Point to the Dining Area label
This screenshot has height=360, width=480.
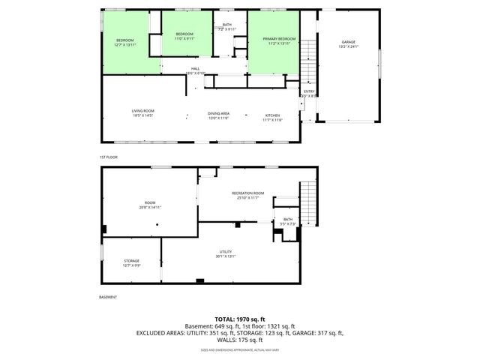click(218, 115)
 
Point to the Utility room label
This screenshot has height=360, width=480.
click(226, 253)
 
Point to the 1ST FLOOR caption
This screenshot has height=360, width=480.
click(109, 157)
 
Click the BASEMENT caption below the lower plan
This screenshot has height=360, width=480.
click(109, 297)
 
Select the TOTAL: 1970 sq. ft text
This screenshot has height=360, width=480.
click(239, 319)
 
